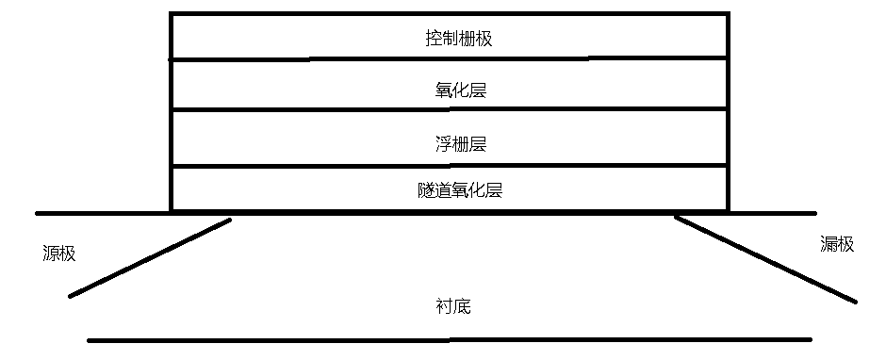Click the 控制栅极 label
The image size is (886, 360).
pyautogui.click(x=458, y=39)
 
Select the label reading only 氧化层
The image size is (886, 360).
pyautogui.click(x=458, y=90)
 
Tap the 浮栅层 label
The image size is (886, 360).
pyautogui.click(x=458, y=144)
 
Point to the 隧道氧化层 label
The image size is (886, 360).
pyautogui.click(x=458, y=189)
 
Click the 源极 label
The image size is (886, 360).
pyautogui.click(x=58, y=253)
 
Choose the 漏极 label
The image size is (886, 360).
pyautogui.click(x=837, y=244)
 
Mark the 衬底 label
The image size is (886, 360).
pyautogui.click(x=452, y=306)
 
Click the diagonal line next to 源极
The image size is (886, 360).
pyautogui.click(x=149, y=258)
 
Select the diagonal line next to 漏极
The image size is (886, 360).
pyautogui.click(x=765, y=259)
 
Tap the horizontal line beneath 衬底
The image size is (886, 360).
pyautogui.click(x=449, y=339)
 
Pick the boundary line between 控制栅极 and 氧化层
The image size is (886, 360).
pyautogui.click(x=449, y=59)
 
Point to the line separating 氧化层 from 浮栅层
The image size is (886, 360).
pyautogui.click(x=449, y=109)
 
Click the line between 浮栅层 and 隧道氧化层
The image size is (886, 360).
pyautogui.click(x=449, y=167)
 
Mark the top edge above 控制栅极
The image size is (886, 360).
pyautogui.click(x=449, y=14)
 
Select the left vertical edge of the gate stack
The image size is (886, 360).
pyautogui.click(x=172, y=113)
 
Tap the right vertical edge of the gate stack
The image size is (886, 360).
pyautogui.click(x=728, y=113)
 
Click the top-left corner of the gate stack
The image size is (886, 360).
pyautogui.click(x=172, y=14)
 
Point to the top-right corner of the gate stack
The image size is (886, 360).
pyautogui.click(x=728, y=14)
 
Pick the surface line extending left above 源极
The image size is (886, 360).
pyautogui.click(x=102, y=213)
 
